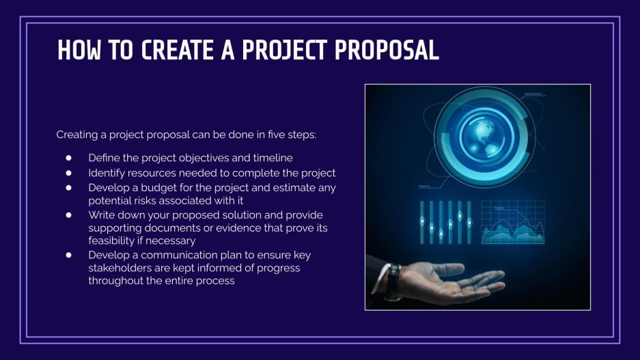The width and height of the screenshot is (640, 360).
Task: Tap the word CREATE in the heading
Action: click(x=176, y=51)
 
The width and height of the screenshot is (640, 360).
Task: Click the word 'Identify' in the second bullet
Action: click(x=106, y=173)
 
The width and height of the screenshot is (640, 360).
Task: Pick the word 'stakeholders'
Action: click(x=118, y=268)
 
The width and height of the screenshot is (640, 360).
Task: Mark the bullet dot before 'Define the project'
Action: click(x=68, y=158)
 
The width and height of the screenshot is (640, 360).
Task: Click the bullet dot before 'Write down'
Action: click(x=68, y=214)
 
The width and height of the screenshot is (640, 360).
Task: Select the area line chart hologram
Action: click(x=513, y=223)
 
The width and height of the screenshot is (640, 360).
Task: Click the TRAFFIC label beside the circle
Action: click(x=424, y=186)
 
